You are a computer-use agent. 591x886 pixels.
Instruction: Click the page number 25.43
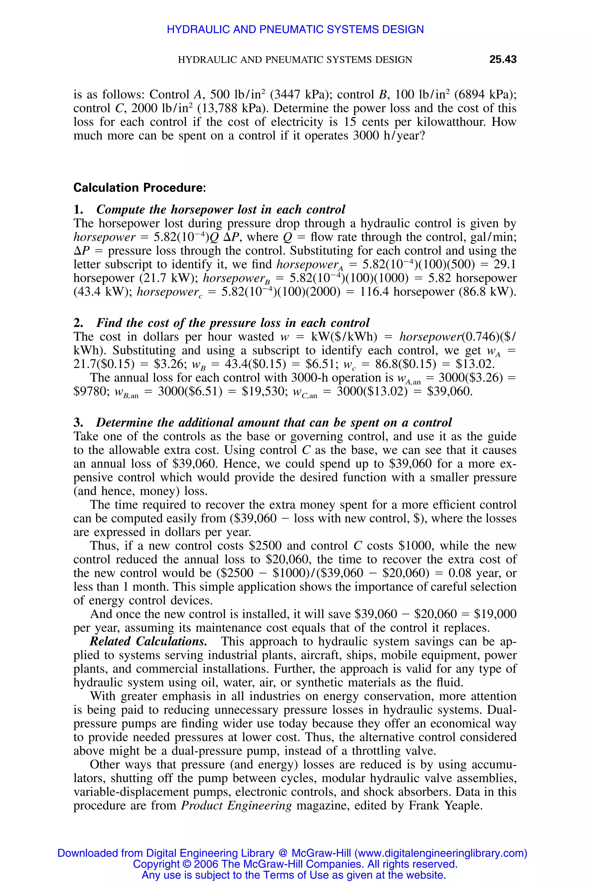(x=502, y=59)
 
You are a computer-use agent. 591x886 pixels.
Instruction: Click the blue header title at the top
(x=295, y=29)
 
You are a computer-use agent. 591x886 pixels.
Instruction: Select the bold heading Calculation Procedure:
(x=139, y=187)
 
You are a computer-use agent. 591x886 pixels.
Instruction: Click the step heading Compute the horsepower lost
(x=220, y=209)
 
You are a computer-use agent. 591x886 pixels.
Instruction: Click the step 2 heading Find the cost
(x=233, y=323)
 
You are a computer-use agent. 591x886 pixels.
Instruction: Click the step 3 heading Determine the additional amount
(x=273, y=422)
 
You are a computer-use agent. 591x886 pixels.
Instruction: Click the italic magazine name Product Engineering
(x=236, y=805)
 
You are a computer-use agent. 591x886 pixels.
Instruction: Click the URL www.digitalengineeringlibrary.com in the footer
(x=440, y=853)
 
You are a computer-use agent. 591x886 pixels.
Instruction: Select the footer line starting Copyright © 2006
(x=295, y=864)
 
